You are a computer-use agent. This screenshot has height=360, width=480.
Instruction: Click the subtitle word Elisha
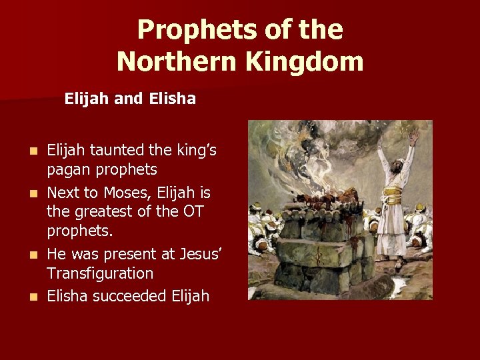(173, 99)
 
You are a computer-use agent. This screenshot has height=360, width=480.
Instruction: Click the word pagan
(69, 169)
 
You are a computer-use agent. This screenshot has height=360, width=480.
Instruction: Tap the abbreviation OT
(191, 213)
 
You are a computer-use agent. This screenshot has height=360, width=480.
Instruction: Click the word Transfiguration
(100, 273)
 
